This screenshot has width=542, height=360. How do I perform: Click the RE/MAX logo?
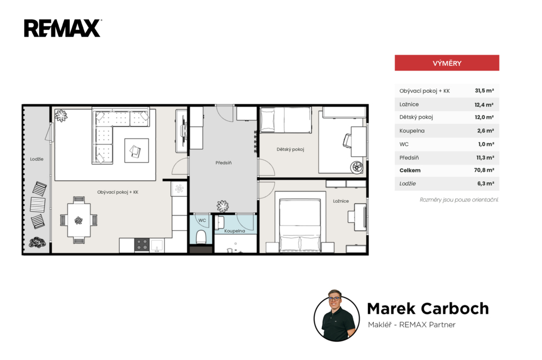pyautogui.click(x=62, y=28)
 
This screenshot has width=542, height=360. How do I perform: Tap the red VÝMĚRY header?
pyautogui.click(x=447, y=63)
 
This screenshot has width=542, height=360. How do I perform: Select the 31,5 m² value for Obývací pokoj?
pyautogui.click(x=484, y=91)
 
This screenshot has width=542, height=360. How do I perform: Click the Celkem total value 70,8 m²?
pyautogui.click(x=484, y=170)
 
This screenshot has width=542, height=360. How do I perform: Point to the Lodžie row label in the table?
pyautogui.click(x=408, y=184)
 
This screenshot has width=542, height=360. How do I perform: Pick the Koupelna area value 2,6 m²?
pyautogui.click(x=485, y=131)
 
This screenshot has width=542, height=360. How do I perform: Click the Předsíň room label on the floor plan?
pyautogui.click(x=223, y=163)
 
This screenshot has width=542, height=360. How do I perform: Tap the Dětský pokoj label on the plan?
pyautogui.click(x=290, y=149)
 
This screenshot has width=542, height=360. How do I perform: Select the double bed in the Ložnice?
pyautogui.click(x=300, y=225)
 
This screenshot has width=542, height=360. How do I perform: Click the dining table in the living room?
pyautogui.click(x=79, y=220)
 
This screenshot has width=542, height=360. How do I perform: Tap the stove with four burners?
pyautogui.click(x=142, y=245)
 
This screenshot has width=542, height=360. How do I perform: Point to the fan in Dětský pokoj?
pyautogui.click(x=357, y=167)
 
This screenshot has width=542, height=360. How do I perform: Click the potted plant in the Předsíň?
pyautogui.click(x=223, y=206)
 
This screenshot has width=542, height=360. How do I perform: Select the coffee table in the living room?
pyautogui.click(x=137, y=150)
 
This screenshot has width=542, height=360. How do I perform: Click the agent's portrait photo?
pyautogui.click(x=337, y=317)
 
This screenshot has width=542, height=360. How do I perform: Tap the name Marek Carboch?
pyautogui.click(x=428, y=309)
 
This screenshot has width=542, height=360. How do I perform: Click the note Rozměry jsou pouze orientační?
pyautogui.click(x=459, y=200)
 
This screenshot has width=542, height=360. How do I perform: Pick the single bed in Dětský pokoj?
pyautogui.click(x=285, y=120)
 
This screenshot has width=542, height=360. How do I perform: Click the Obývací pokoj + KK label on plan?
pyautogui.click(x=118, y=192)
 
